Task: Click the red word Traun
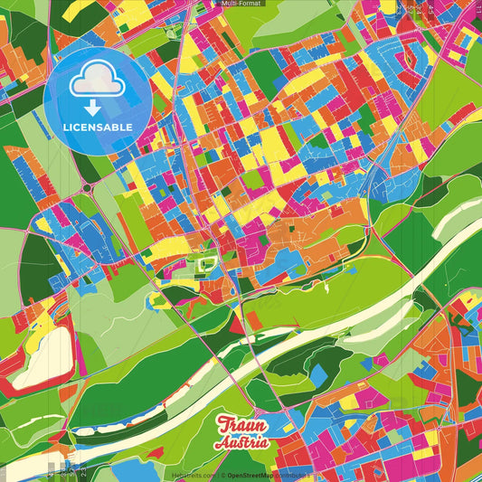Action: [x=242, y=426]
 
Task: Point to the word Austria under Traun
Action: [x=242, y=443]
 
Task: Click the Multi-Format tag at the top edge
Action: [x=241, y=5]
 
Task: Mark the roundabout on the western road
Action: [x=89, y=186]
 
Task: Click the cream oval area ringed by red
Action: [x=36, y=353]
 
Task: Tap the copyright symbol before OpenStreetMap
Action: [x=222, y=475]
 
